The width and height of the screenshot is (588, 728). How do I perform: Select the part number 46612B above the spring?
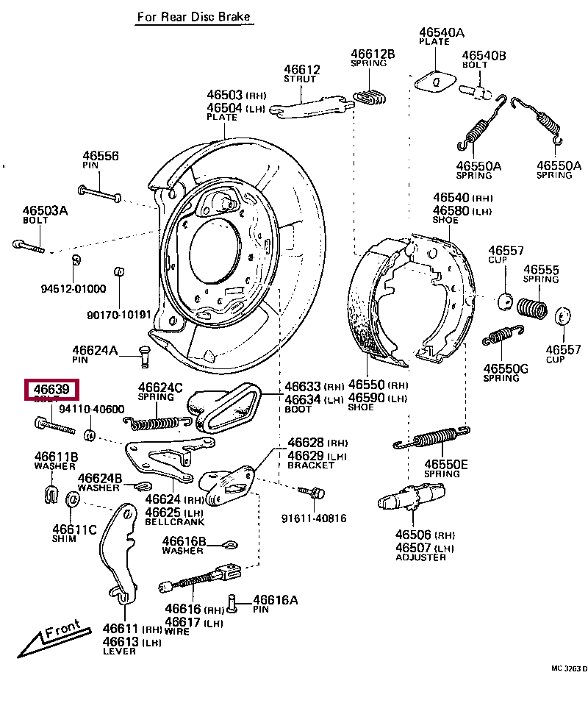pos(373,54)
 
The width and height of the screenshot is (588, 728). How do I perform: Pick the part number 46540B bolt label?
pos(484,55)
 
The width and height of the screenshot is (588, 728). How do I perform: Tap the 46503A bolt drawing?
pos(29,245)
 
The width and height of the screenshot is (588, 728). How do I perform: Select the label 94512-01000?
pos(73,289)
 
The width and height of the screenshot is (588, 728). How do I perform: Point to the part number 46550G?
pos(506,368)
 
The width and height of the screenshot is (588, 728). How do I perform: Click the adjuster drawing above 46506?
pos(409,502)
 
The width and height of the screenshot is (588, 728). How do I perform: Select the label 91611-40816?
pos(314,518)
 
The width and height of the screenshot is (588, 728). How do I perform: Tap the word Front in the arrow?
pos(62,630)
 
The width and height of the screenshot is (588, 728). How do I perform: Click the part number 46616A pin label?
pos(276,601)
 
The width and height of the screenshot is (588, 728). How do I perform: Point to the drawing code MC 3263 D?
pos(569,668)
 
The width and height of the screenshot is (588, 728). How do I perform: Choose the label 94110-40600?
pos(92,410)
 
